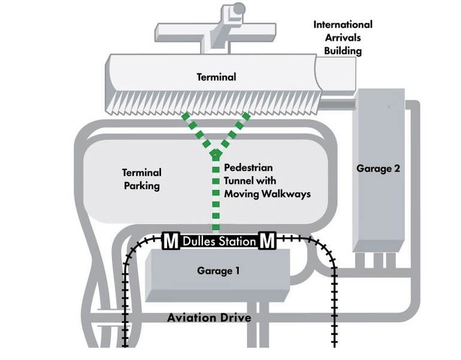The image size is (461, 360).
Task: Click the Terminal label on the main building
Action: (217, 77)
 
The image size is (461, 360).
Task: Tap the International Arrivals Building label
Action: (342, 38)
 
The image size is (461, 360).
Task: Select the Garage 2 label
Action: (378, 168)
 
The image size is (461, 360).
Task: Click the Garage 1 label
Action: (219, 271)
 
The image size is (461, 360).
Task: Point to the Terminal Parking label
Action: (142, 179)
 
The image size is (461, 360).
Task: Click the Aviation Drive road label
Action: (208, 317)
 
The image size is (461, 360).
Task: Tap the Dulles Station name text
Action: (219, 242)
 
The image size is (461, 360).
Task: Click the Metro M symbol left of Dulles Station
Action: (171, 241)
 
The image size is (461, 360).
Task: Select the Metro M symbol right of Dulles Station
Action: (267, 241)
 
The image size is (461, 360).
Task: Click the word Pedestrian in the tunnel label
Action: (249, 168)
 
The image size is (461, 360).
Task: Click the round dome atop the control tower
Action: (239, 8)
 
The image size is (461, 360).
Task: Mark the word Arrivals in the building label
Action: (343, 38)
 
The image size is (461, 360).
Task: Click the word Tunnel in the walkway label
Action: (239, 181)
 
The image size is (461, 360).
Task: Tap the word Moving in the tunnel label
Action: (242, 194)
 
